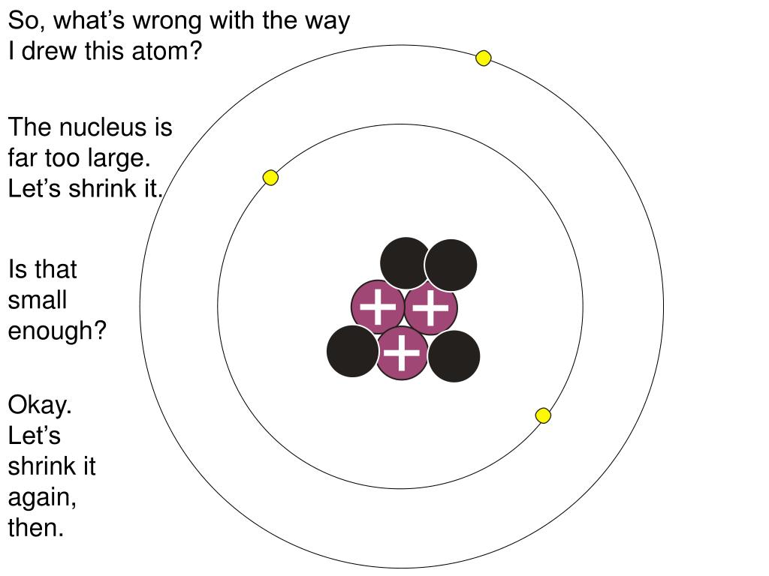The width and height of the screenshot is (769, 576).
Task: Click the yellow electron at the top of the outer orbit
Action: (x=484, y=58)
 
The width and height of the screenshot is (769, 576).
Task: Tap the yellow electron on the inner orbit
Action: (x=270, y=178)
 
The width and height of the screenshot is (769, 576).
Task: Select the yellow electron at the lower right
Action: (x=543, y=415)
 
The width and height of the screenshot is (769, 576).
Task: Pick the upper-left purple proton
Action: (x=377, y=307)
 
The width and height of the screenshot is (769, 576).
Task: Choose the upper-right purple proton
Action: (x=431, y=307)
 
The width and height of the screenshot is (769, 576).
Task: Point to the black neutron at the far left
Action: (x=352, y=351)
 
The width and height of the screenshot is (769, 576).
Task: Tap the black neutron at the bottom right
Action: (x=454, y=356)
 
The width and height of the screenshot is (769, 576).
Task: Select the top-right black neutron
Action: (x=451, y=265)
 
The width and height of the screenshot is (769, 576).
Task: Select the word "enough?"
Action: (x=57, y=331)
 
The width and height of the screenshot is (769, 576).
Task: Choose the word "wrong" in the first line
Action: (x=168, y=20)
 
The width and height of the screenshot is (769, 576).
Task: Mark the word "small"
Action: (x=38, y=300)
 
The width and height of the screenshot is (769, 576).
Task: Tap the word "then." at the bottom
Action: (x=36, y=527)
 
